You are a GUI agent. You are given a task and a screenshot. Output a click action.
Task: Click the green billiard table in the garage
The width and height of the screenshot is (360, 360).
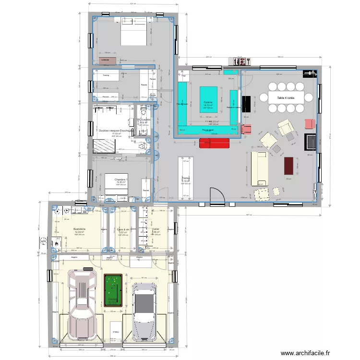[113, 290]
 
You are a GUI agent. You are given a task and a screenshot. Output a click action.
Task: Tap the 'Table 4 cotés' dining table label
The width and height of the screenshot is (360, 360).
[286, 98]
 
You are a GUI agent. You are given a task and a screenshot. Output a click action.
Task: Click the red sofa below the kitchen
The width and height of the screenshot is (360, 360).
[212, 143]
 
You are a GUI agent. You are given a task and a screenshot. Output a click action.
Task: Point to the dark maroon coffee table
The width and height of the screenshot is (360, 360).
[288, 166]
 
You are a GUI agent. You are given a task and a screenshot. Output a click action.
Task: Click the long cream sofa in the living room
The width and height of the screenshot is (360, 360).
[258, 168]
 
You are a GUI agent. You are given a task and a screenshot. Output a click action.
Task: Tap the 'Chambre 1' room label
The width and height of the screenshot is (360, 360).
[121, 180]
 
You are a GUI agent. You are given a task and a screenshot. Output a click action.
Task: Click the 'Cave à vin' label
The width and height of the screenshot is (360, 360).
[123, 229]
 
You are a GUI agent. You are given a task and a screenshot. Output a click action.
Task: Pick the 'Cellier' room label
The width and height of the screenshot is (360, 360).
[156, 229]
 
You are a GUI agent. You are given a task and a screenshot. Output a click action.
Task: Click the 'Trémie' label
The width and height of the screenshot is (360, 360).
[186, 178]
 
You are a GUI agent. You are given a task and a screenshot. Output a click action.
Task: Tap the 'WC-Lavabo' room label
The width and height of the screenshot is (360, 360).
[144, 120]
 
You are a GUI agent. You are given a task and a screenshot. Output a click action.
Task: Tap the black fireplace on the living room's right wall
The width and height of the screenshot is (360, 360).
[311, 142]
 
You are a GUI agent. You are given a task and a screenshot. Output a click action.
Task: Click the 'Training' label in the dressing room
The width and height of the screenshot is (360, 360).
[106, 75]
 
